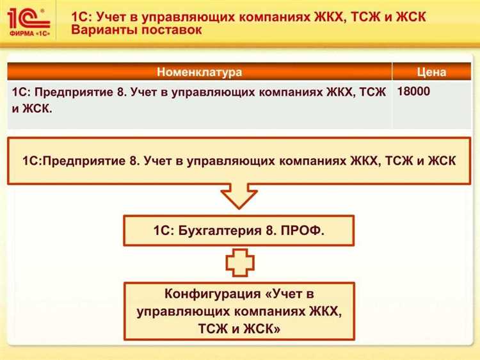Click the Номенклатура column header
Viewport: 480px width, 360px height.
pos(199,72)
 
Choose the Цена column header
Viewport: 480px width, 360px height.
pos(431,72)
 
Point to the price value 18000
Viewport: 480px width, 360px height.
pos(413,92)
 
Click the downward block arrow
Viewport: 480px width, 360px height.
pos(238,195)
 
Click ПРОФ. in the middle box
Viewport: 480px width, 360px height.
pos(303,231)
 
